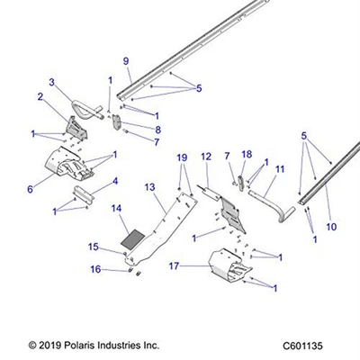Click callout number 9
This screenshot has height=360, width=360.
click(x=126, y=61)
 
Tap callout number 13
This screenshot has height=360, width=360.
click(x=150, y=186)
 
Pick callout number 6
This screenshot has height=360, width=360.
click(x=30, y=189)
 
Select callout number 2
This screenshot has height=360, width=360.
click(x=40, y=96)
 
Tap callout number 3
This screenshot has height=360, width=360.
click(x=52, y=82)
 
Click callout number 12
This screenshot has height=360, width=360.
click(x=206, y=157)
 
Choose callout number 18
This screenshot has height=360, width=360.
click(x=247, y=154)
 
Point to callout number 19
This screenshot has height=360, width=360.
click(x=182, y=157)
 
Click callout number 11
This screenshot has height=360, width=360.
click(x=280, y=168)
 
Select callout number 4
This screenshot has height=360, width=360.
click(x=113, y=181)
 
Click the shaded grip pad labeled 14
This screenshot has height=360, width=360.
click(x=132, y=239)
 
